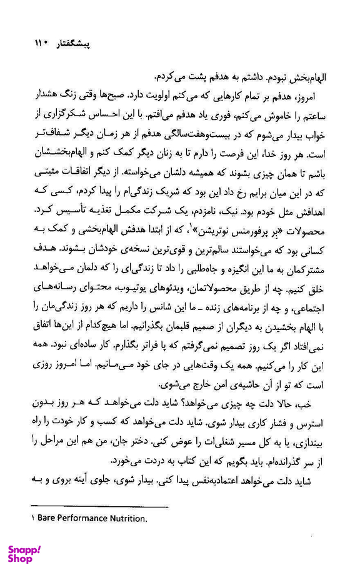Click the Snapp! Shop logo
25,552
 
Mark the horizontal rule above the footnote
100,506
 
